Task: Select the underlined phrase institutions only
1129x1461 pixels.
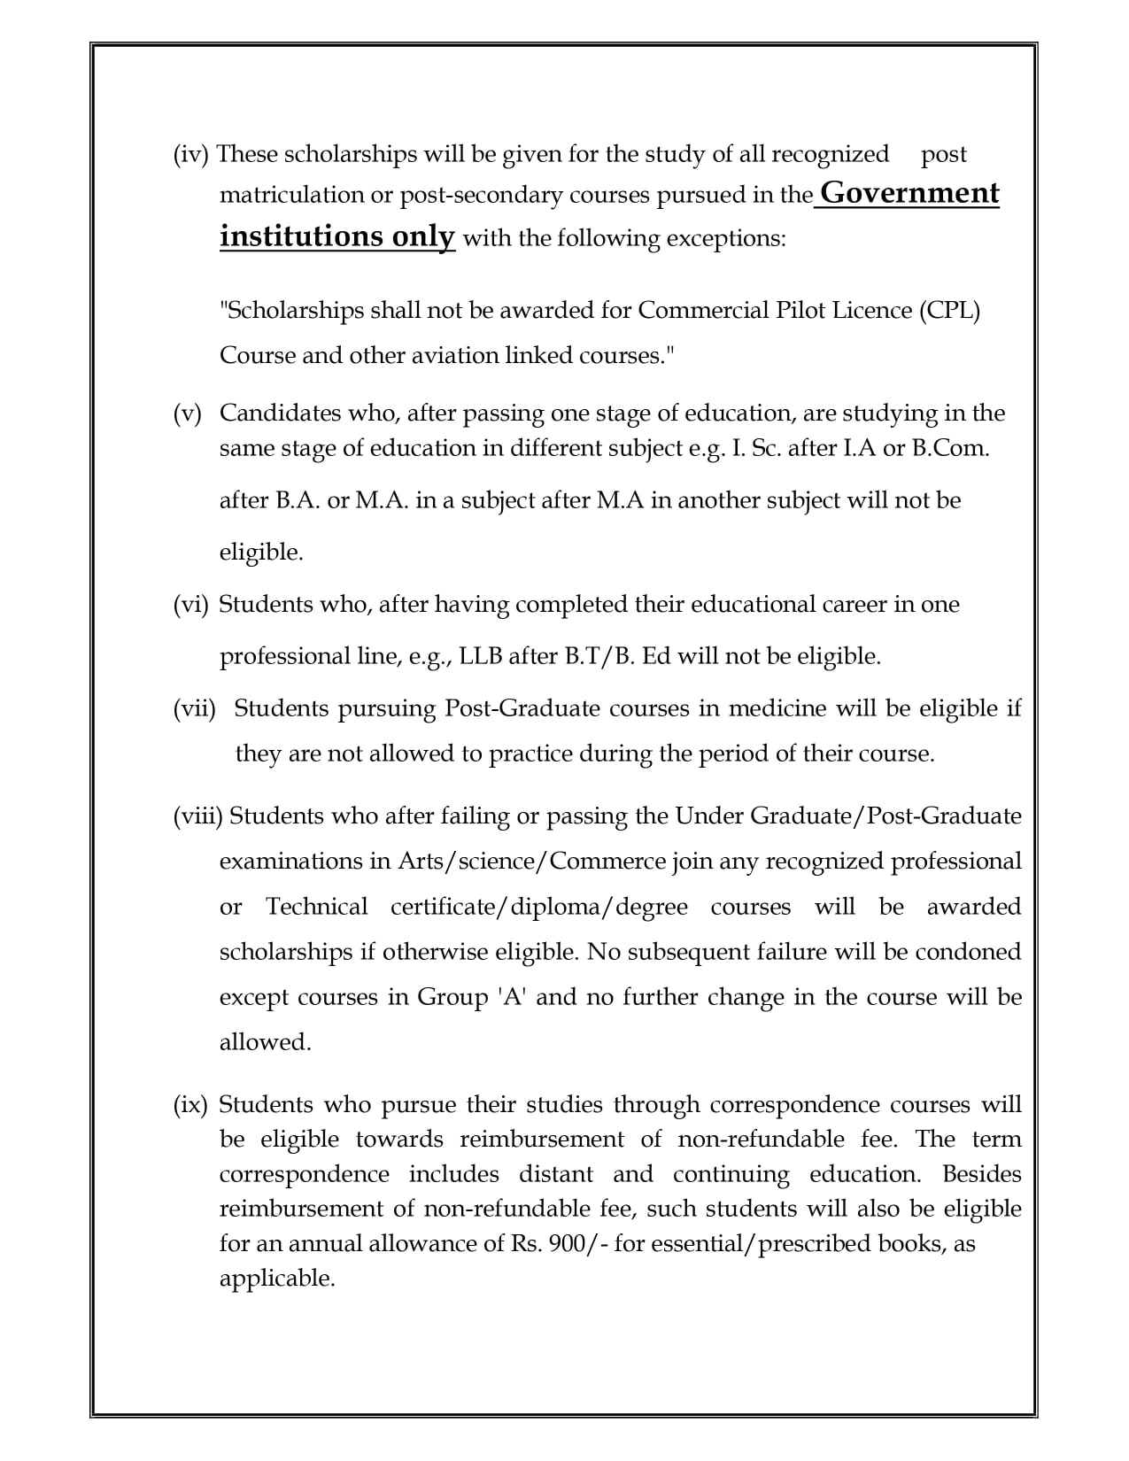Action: [337, 236]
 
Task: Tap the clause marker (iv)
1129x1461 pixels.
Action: [190, 154]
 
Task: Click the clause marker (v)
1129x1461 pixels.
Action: [188, 414]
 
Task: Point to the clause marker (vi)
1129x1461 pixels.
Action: [190, 605]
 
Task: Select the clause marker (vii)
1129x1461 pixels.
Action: [195, 708]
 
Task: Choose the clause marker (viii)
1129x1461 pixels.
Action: [197, 816]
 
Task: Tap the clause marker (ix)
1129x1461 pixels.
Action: [190, 1105]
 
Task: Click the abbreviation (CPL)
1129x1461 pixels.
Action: [950, 311]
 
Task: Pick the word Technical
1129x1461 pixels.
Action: [317, 907]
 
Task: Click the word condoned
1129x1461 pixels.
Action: [968, 952]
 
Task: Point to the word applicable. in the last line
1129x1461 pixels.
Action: [277, 1279]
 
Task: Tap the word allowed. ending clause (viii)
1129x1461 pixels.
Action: [266, 1042]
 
